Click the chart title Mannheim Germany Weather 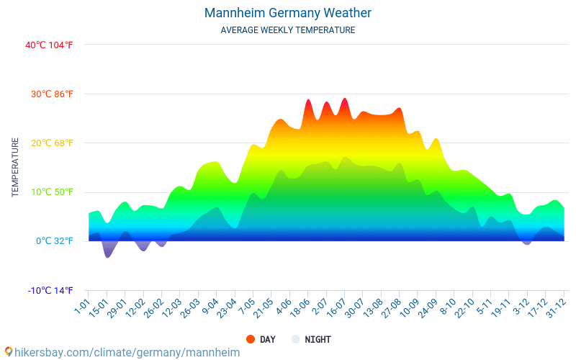coord(288,13)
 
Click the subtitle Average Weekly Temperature coord(288,30)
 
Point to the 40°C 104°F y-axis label coord(49,45)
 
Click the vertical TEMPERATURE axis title coord(15,168)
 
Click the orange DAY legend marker coord(251,339)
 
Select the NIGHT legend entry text coord(318,339)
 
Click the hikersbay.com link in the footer coord(127,352)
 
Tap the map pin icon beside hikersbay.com coord(8,352)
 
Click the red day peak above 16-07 coord(344,101)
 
